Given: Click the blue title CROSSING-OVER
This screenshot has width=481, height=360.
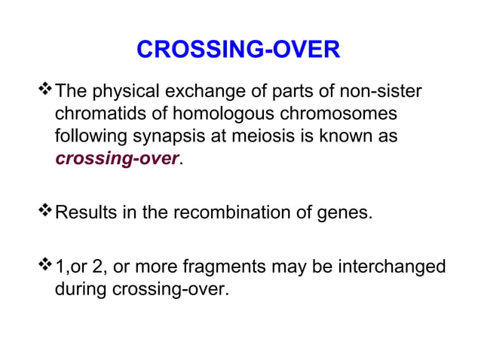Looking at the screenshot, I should pos(238,50).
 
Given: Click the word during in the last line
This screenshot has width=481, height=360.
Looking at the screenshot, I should pos(79,288).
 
